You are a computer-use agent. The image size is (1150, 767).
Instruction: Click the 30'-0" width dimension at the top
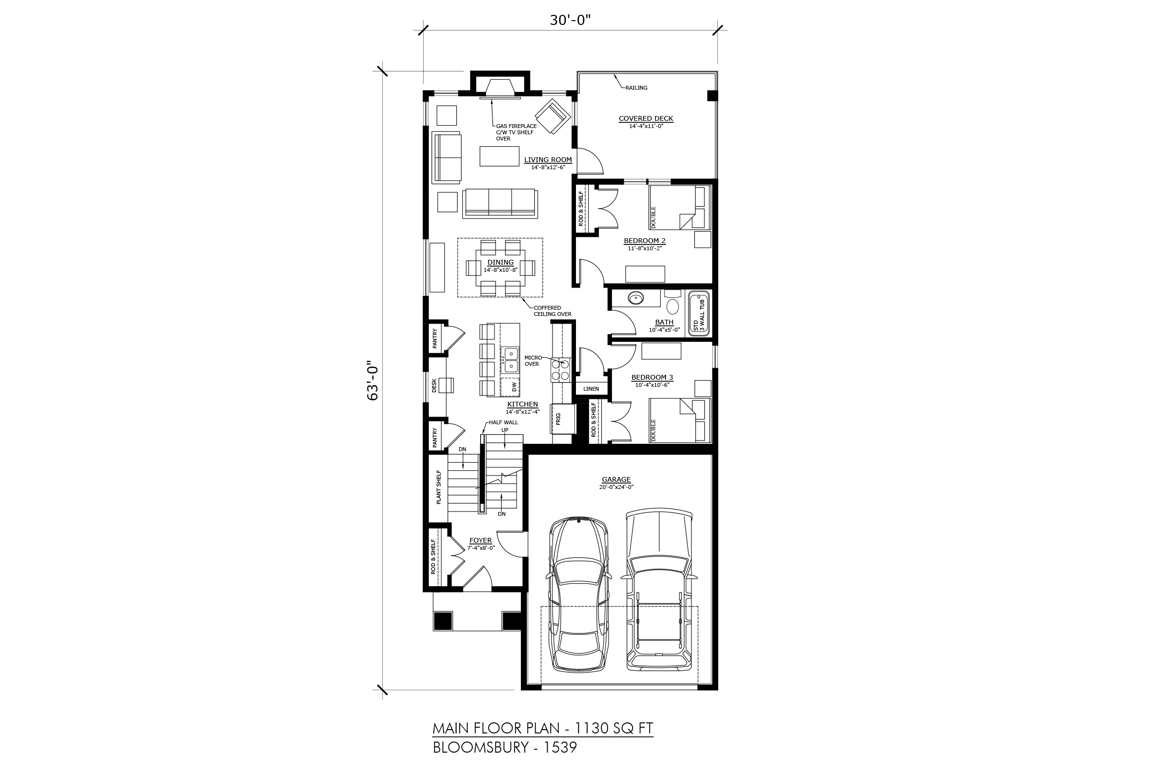pos(570,20)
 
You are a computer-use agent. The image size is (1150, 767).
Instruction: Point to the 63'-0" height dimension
pos(373,381)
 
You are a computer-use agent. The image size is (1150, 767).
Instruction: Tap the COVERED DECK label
pos(646,118)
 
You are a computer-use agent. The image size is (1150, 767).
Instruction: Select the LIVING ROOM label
pos(548,160)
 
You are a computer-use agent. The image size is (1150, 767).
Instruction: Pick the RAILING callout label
pos(636,88)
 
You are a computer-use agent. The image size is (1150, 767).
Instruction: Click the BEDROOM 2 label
pos(644,241)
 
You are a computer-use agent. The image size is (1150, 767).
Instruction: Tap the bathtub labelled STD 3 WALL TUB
pos(699,313)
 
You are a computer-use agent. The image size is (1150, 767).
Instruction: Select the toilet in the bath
pos(673,302)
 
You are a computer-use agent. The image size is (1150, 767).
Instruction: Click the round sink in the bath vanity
pos(636,297)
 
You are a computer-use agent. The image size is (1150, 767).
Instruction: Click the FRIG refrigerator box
pos(563,418)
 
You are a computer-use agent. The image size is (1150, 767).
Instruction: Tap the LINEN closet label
pos(591,389)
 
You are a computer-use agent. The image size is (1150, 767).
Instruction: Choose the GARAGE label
pos(616,479)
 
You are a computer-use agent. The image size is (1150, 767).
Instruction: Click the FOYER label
pos(481,541)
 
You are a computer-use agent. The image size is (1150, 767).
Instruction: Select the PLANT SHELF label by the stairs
pos(438,487)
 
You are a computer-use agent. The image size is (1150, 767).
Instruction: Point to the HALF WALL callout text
pos(503,423)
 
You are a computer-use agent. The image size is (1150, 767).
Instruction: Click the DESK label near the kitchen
pos(434,385)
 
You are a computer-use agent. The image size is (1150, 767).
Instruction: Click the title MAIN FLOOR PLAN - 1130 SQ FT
pos(543,729)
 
